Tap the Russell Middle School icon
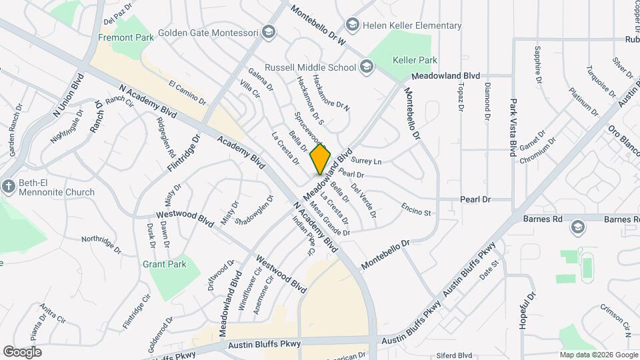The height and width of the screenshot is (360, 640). [x=366, y=67]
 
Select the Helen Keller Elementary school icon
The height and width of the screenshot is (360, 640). [x=352, y=25]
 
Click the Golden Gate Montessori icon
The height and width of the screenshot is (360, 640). [x=268, y=31]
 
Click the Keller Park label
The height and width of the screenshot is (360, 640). [x=415, y=60]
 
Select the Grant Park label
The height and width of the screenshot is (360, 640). [x=165, y=264]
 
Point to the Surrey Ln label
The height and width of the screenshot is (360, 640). [x=366, y=161]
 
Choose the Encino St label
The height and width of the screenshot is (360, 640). [x=416, y=209]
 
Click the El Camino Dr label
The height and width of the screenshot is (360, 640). [x=187, y=93]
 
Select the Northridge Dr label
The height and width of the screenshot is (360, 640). [x=101, y=244]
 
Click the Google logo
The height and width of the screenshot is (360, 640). [x=22, y=351]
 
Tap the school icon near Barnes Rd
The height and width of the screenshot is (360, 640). [x=578, y=228]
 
